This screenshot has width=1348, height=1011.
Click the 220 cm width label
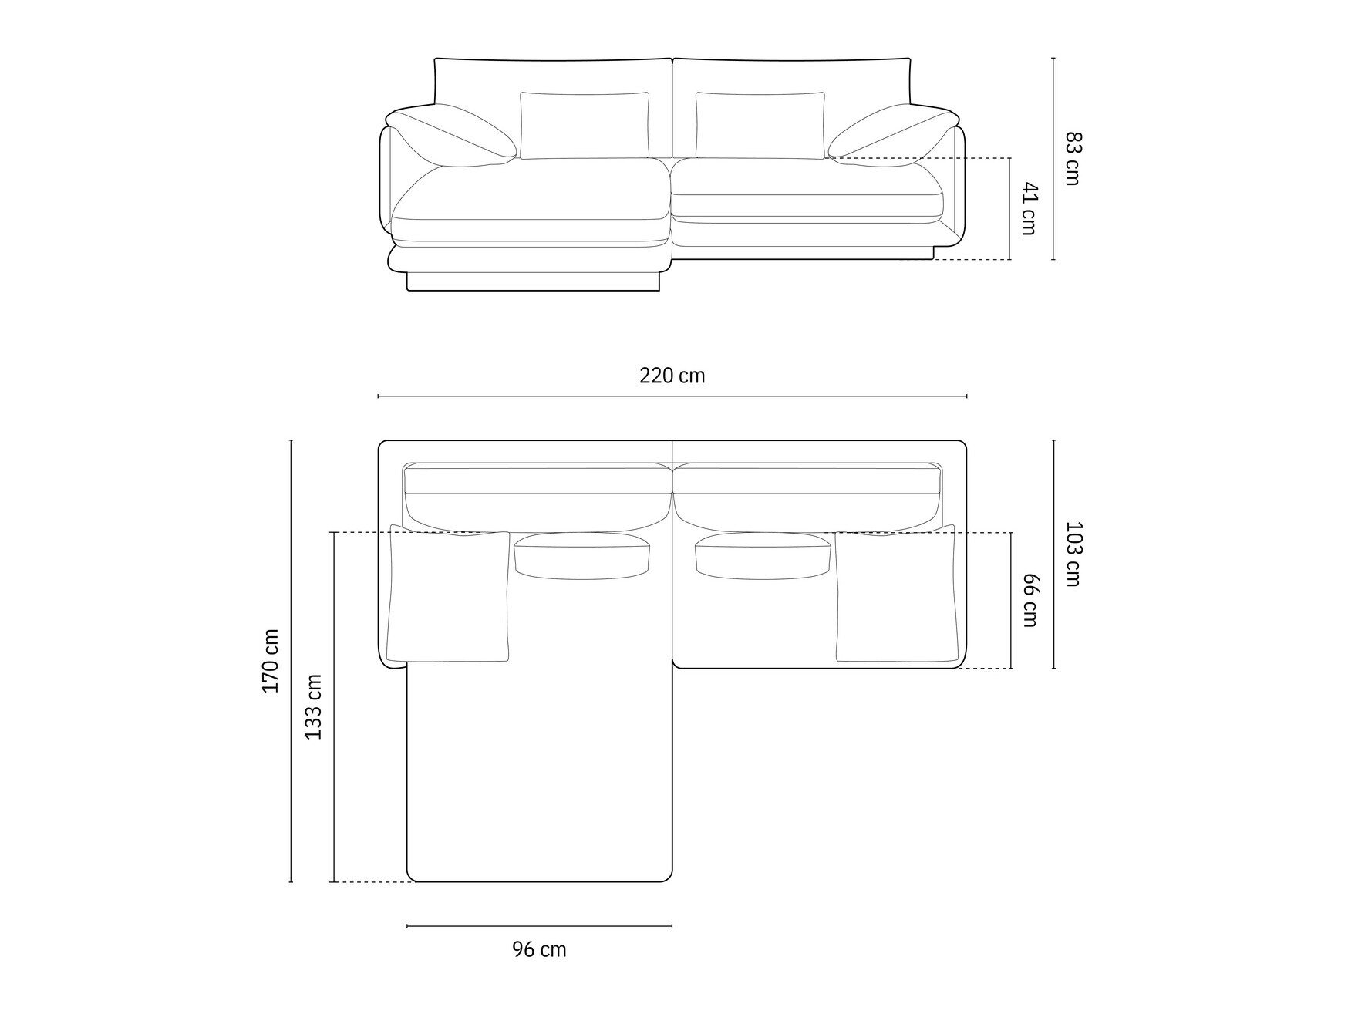pos(672,376)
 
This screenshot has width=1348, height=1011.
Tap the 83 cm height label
pos(1073,159)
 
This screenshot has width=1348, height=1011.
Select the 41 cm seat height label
pos(1029,208)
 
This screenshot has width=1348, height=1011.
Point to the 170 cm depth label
pos(271,660)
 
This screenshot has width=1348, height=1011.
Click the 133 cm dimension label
pos(314,707)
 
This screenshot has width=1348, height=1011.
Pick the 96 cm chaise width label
pos(539,949)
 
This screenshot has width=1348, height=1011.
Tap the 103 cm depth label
pos(1073,554)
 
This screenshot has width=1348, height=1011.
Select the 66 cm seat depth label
pos(1030,600)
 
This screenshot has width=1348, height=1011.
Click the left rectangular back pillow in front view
pos(585,125)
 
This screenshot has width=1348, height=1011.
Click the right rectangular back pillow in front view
pos(760,125)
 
